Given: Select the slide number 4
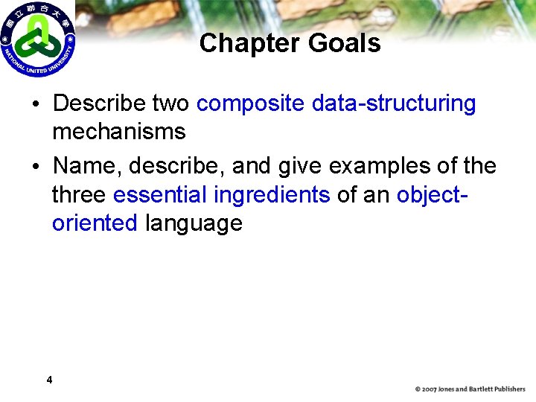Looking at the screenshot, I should pyautogui.click(x=49, y=380).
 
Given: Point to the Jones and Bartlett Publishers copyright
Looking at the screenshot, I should pyautogui.click(x=470, y=389).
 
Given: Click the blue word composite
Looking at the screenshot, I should pyautogui.click(x=250, y=103).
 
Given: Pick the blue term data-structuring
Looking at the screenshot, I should pyautogui.click(x=394, y=103).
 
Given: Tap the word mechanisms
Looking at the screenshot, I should pyautogui.click(x=118, y=132).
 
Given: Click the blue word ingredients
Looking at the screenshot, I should pyautogui.click(x=271, y=194).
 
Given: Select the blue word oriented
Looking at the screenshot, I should pyautogui.click(x=95, y=223).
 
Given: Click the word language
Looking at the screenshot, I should pyautogui.click(x=194, y=223).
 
